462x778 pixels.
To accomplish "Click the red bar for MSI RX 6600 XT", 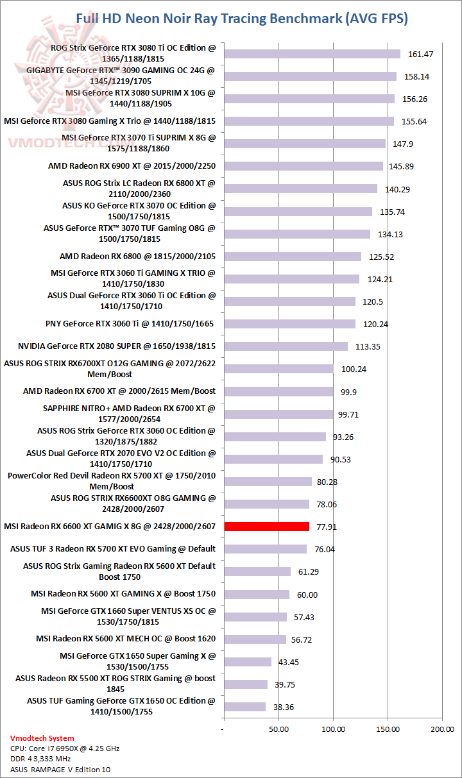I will [x=266, y=527].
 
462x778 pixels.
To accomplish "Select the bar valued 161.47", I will [x=311, y=54].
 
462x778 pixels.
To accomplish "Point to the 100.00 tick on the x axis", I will [x=333, y=729].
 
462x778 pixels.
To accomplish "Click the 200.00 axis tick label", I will [x=442, y=729].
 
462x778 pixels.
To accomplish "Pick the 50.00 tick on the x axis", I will [x=278, y=729].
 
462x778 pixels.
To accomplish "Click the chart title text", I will [x=242, y=19].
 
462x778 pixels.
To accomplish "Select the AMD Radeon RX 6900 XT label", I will [x=132, y=166].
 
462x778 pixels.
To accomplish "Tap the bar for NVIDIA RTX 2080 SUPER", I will [x=285, y=346].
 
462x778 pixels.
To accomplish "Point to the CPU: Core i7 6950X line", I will [x=65, y=748].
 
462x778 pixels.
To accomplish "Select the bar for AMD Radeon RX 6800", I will [x=292, y=257].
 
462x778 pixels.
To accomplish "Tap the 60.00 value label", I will [x=307, y=595].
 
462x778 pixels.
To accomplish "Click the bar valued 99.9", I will [x=278, y=391].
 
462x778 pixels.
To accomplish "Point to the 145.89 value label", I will [x=402, y=167].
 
